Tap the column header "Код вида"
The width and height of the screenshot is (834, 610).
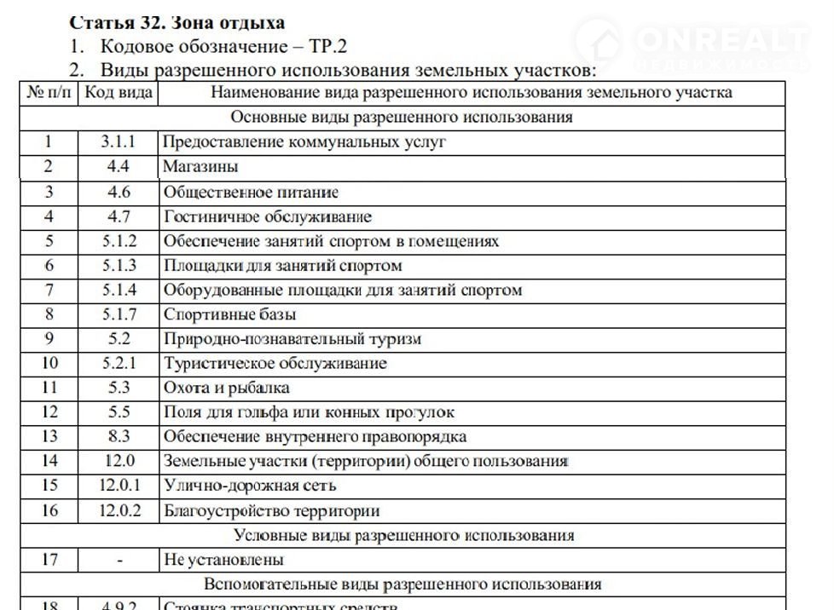click(119, 92)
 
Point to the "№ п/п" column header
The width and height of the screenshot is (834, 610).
click(49, 92)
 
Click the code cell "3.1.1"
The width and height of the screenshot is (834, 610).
click(119, 142)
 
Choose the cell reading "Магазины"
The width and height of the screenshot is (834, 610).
click(200, 167)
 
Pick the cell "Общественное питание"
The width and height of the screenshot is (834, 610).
click(251, 193)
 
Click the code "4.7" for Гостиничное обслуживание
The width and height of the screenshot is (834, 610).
click(119, 216)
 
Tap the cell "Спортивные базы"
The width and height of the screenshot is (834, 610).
click(229, 314)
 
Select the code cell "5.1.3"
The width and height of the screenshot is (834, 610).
click(119, 266)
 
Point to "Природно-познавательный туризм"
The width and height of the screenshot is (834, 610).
click(292, 339)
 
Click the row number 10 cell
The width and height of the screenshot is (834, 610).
click(49, 364)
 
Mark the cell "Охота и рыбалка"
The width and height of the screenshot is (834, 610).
click(227, 388)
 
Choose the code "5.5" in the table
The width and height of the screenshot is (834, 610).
click(119, 412)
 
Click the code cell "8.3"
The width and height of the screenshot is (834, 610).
click(119, 437)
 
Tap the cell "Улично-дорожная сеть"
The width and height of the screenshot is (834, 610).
click(249, 486)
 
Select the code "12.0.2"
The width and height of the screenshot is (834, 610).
click(119, 511)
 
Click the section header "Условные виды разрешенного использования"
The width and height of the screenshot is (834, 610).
click(403, 536)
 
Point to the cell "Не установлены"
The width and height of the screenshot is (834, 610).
click(223, 560)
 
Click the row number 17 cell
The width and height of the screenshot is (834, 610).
click(49, 560)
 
